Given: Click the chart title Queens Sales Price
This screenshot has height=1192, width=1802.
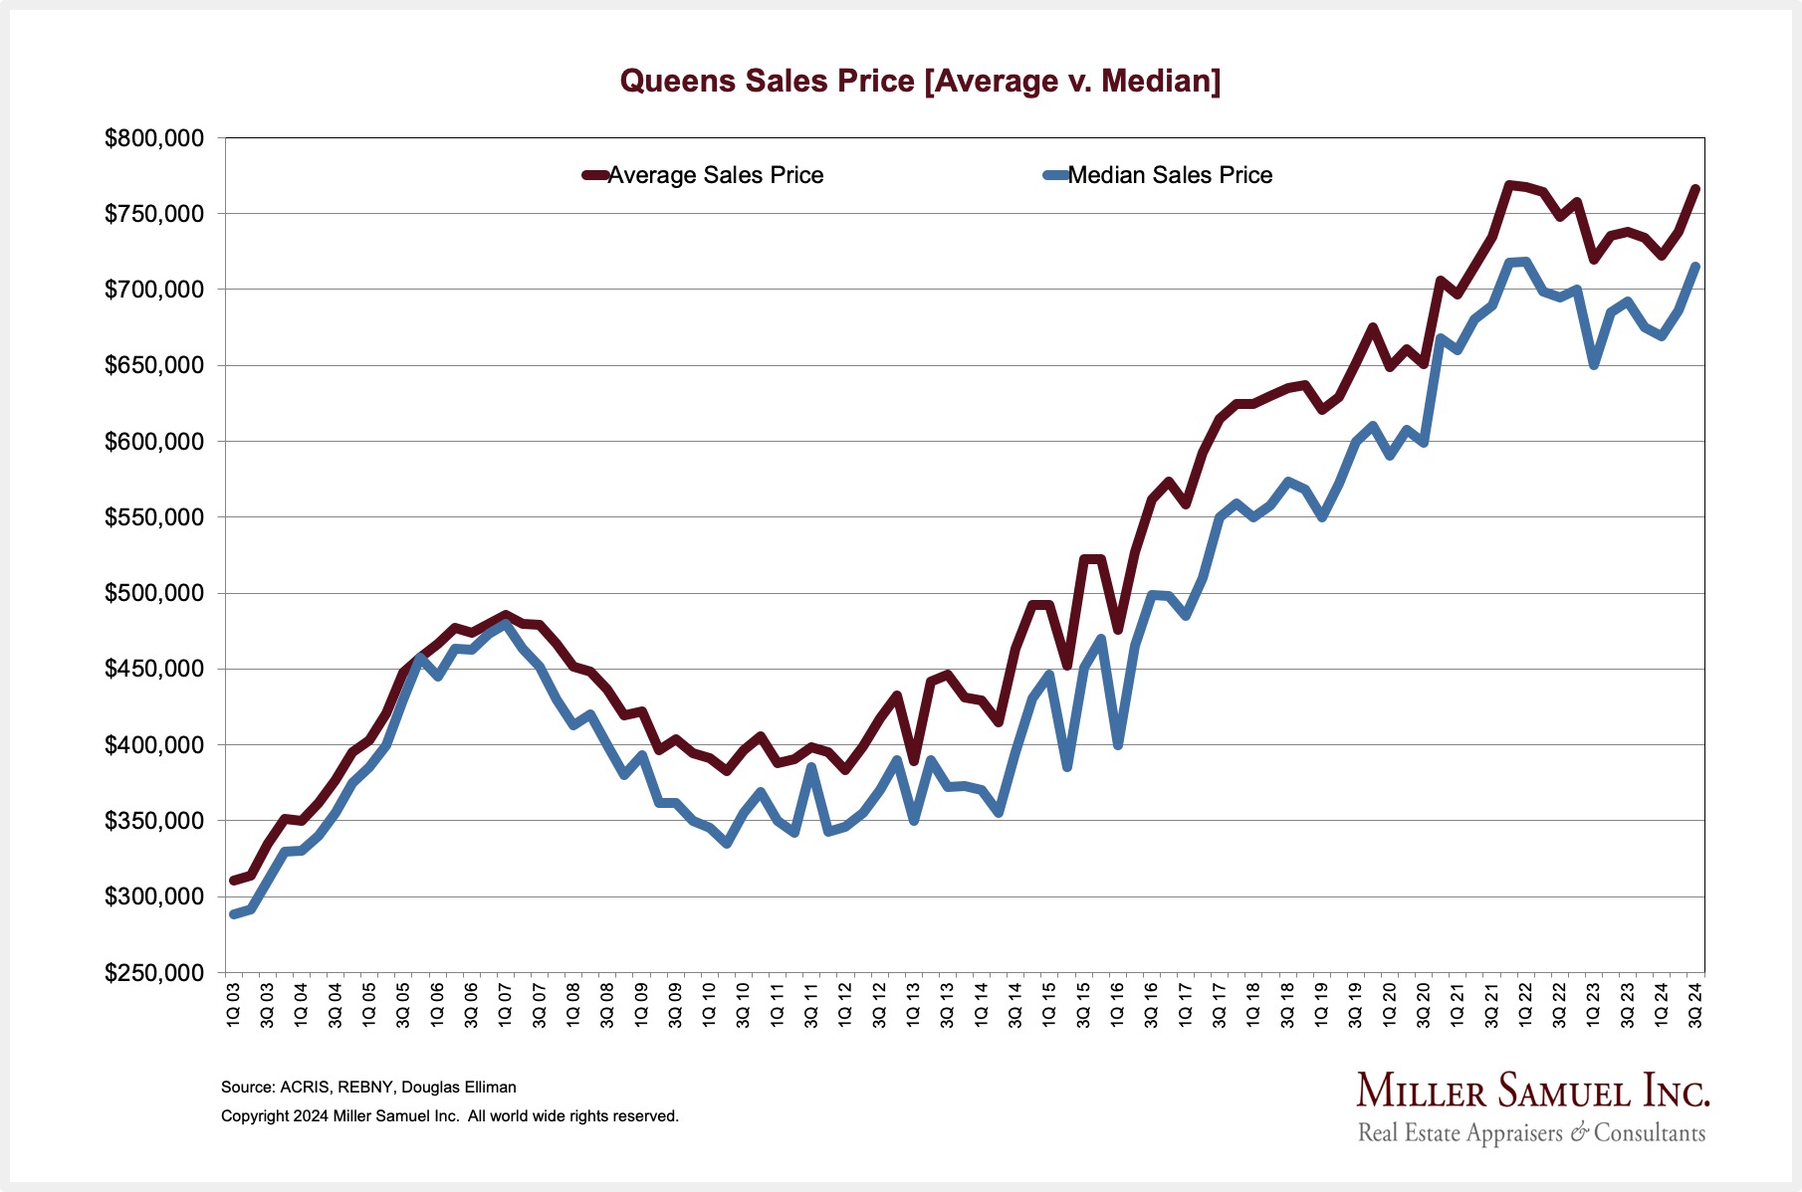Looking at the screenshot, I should pyautogui.click(x=920, y=81).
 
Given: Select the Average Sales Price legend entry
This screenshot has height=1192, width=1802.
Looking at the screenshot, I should pyautogui.click(x=715, y=175).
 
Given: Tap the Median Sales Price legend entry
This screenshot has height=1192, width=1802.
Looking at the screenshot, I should pyautogui.click(x=1169, y=175).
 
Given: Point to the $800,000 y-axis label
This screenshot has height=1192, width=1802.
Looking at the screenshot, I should pyautogui.click(x=154, y=138).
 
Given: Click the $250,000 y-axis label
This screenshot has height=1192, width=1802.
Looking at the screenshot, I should pyautogui.click(x=154, y=973).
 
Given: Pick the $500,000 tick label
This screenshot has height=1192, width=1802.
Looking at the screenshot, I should pyautogui.click(x=154, y=594).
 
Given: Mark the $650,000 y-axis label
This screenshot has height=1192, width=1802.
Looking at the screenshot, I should pyautogui.click(x=154, y=366).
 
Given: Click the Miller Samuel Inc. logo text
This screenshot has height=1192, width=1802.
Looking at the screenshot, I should pyautogui.click(x=1532, y=1092).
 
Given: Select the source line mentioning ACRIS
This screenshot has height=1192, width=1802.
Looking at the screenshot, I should pyautogui.click(x=368, y=1088).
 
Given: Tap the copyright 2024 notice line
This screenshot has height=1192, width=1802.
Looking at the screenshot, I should pyautogui.click(x=449, y=1116).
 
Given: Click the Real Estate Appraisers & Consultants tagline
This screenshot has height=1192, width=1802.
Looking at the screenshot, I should pyautogui.click(x=1531, y=1133).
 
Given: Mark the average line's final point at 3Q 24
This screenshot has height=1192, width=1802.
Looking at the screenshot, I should pyautogui.click(x=1695, y=188).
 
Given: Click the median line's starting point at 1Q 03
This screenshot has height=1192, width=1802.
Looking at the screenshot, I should pyautogui.click(x=234, y=913).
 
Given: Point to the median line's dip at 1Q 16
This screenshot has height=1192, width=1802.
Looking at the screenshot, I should pyautogui.click(x=1118, y=745).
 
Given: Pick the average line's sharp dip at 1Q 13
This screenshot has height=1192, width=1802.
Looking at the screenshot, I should pyautogui.click(x=914, y=761).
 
